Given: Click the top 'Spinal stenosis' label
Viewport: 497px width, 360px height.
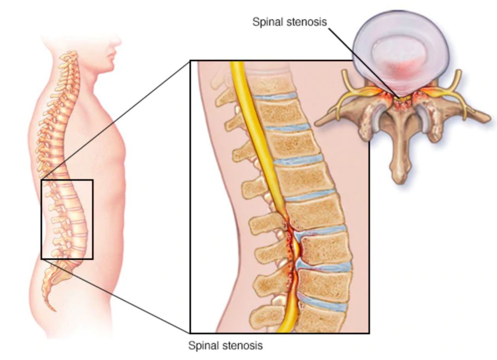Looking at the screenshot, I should click(289, 22).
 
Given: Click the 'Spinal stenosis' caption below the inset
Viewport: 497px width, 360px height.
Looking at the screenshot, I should click(225, 345).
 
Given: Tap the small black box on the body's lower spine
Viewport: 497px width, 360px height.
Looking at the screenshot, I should click(67, 219).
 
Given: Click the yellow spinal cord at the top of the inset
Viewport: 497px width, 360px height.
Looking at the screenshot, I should click(238, 78).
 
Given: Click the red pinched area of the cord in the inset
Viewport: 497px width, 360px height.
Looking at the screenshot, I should click(293, 248).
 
